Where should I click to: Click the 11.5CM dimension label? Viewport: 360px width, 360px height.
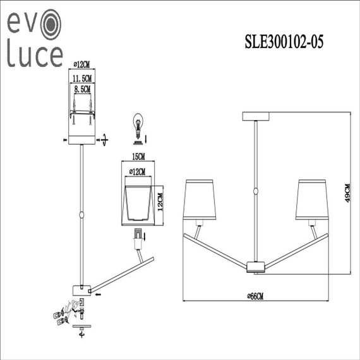click(x=81, y=78)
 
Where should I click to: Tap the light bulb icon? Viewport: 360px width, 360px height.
click(x=137, y=123)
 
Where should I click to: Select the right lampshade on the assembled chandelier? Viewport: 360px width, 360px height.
click(x=310, y=200)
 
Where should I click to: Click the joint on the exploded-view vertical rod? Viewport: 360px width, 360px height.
click(x=82, y=215)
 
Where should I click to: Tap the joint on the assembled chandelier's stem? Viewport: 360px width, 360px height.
click(x=255, y=191)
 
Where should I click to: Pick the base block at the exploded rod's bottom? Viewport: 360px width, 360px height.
click(x=81, y=289)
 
